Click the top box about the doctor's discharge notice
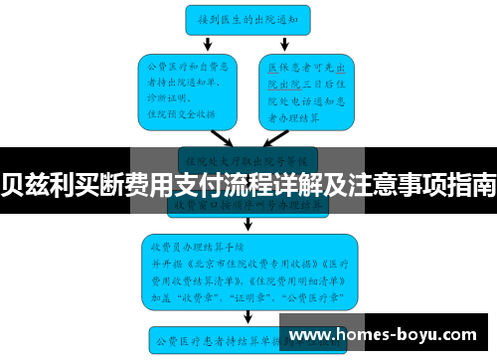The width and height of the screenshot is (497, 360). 248,17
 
